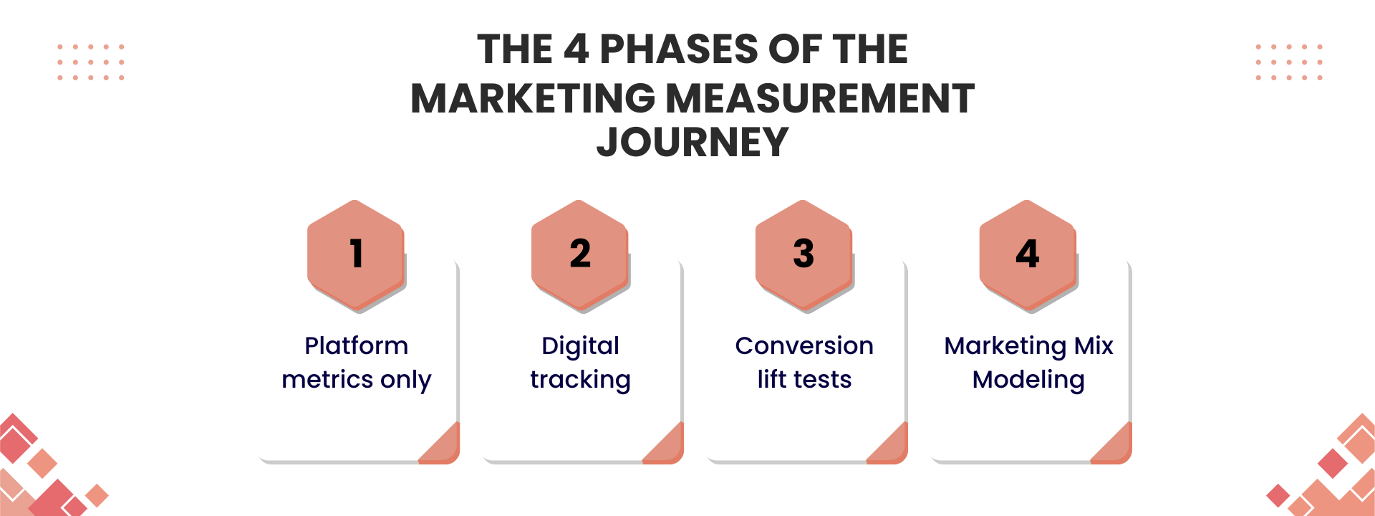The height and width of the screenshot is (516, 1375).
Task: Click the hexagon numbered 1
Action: pos(356,255)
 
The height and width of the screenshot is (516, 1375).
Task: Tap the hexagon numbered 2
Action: pos(580,255)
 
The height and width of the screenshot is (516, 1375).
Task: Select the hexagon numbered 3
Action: pos(804,255)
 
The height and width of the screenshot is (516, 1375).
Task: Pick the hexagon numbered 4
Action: pos(1028,255)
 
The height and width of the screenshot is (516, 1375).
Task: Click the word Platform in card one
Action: pos(357,345)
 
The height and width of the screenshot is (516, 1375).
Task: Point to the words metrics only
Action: pos(357,379)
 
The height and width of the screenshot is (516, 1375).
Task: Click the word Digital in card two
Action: pos(580,346)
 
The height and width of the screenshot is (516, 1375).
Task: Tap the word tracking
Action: pos(580,380)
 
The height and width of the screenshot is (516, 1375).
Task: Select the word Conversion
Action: pos(804,345)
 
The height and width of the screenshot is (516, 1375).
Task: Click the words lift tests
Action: pos(804,379)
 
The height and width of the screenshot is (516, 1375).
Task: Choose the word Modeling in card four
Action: pos(1028,380)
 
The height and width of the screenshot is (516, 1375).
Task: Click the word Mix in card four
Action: pos(1094,345)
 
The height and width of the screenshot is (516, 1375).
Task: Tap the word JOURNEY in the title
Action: pos(693,142)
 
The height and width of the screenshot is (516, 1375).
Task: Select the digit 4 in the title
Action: pos(576,49)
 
